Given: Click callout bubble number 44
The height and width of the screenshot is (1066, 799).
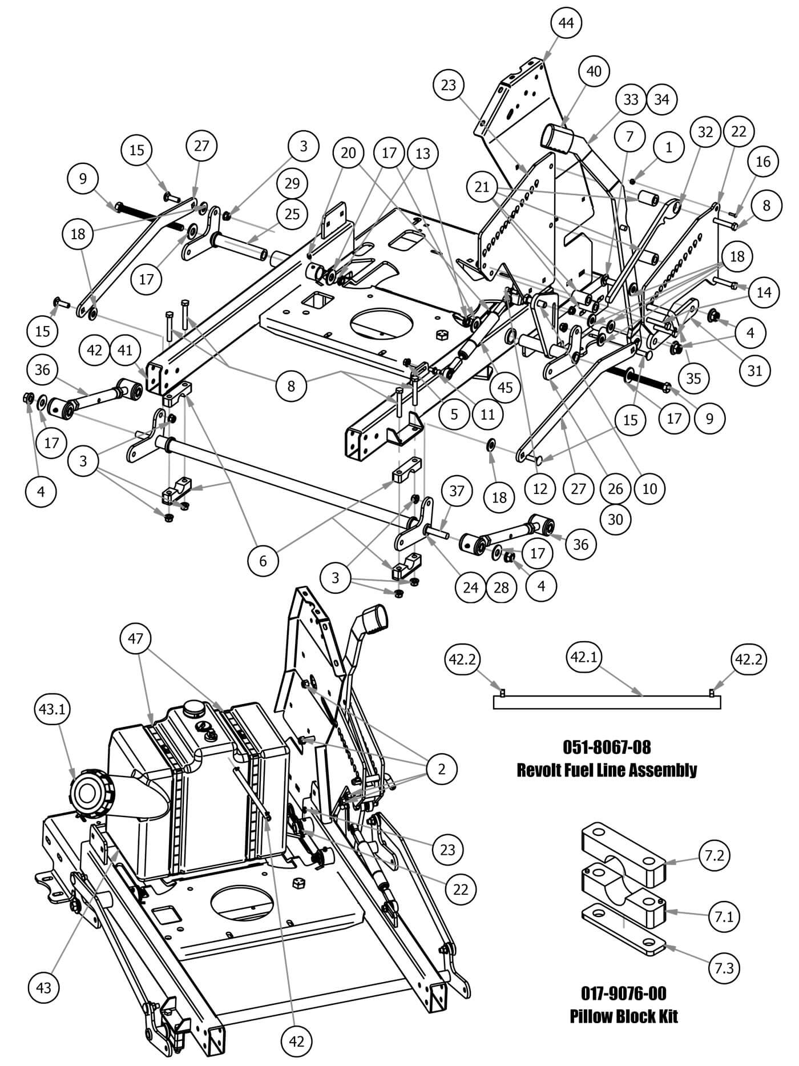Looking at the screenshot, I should coord(566,23).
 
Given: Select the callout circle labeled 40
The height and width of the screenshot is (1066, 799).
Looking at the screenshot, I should coord(594,71).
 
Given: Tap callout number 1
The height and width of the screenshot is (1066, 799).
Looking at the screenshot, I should coord(669,147).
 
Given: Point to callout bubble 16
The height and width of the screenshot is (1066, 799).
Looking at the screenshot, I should coord(763,162).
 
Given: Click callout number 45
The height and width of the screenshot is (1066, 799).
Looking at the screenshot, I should coord(505,388).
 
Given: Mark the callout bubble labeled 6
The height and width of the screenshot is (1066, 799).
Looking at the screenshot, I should coord(263,561).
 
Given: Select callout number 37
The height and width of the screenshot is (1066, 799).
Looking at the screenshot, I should coord(457,490).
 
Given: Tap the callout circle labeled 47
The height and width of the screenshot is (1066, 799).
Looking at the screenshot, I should coord(135,638).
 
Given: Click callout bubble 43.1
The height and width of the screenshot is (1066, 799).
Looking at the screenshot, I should coord(51,709).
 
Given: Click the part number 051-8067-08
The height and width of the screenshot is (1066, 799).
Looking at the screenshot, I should coord(607,747).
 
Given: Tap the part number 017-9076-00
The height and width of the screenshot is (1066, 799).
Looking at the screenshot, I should coord(623,993).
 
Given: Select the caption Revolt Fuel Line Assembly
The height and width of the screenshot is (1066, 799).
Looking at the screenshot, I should coord(607,770).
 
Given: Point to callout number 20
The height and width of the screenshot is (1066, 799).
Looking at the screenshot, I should coord(348,153).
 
